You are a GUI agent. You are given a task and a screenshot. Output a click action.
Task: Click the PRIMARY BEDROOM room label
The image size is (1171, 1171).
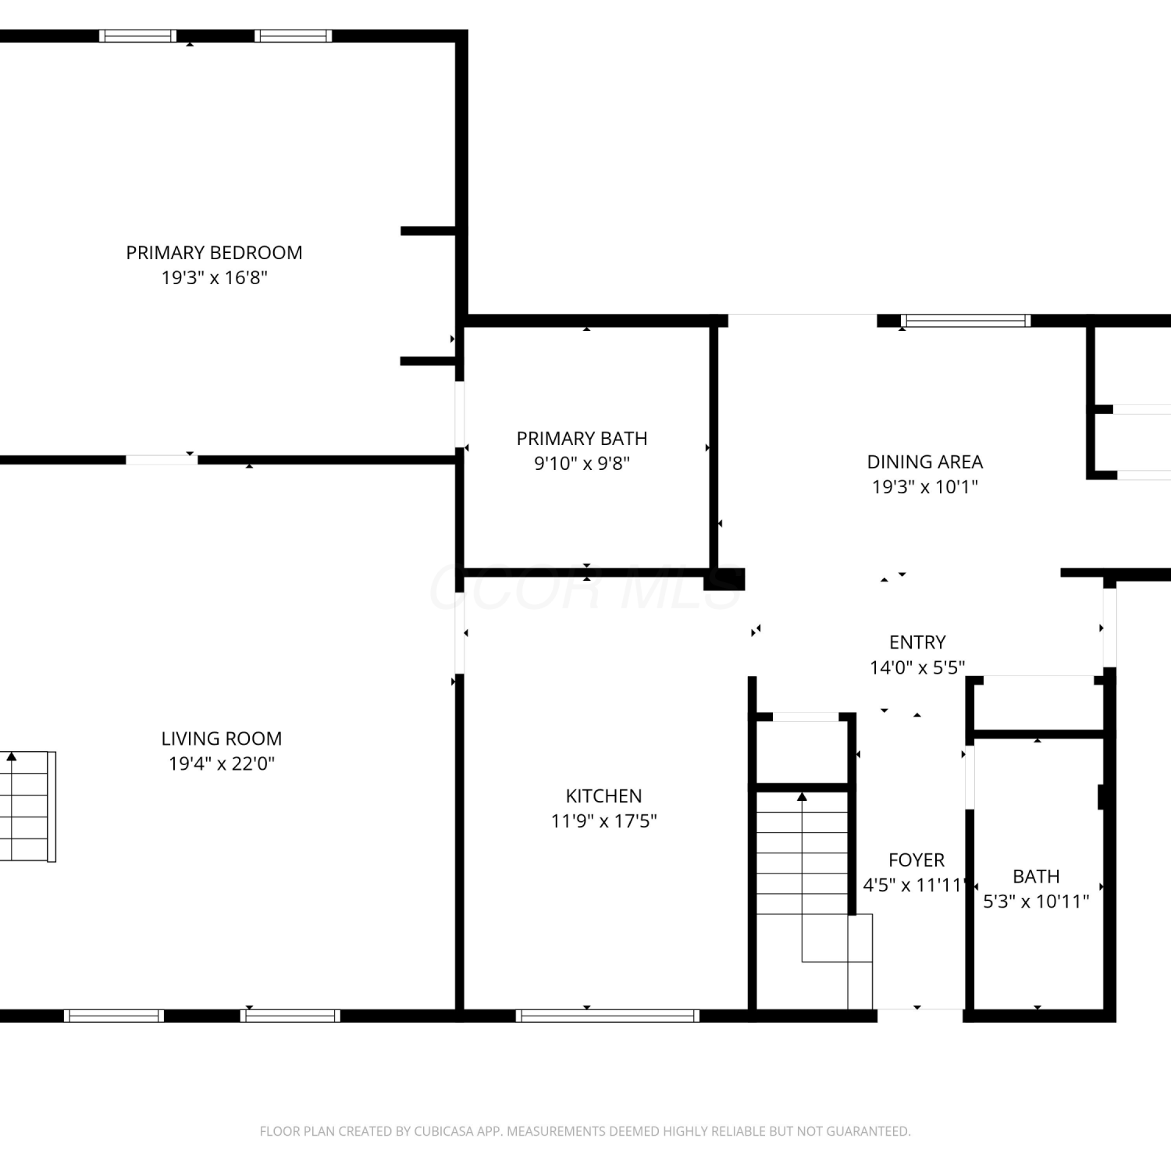pos(214,253)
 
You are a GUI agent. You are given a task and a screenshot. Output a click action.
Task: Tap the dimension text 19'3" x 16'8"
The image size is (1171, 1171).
pos(214,278)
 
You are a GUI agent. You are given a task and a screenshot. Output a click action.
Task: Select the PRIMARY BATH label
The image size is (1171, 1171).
pos(582,439)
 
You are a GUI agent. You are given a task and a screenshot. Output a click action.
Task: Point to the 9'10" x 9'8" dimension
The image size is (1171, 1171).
pos(582,464)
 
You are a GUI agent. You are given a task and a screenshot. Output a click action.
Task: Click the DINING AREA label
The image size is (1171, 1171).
pos(925,462)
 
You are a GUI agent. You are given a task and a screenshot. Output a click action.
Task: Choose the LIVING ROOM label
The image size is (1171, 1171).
pos(222,739)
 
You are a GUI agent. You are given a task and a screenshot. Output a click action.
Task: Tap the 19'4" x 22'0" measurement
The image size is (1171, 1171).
pos(222,763)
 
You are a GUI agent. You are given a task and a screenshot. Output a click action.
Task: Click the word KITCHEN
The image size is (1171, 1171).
pos(603,796)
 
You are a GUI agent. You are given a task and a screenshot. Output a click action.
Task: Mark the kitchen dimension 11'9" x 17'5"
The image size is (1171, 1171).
pos(603,821)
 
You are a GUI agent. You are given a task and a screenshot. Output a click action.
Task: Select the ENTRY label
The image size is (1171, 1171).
pos(917,642)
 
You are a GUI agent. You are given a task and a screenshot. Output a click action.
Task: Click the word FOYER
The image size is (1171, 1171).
pos(917,860)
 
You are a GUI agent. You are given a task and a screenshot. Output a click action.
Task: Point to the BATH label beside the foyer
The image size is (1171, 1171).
pos(1036,877)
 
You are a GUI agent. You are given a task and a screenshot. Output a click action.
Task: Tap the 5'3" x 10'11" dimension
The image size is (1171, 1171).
pos(1036,902)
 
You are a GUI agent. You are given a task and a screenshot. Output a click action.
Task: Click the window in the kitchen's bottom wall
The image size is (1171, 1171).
pos(607,1016)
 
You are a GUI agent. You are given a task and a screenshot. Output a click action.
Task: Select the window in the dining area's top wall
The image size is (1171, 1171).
pos(966,321)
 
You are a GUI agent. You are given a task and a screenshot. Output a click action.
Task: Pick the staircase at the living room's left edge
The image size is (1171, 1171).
pos(28,806)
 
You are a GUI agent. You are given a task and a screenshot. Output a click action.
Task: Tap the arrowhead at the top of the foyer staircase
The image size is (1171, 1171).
pos(802,796)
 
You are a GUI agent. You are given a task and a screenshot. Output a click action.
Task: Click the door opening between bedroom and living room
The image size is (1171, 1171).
pos(162,460)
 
